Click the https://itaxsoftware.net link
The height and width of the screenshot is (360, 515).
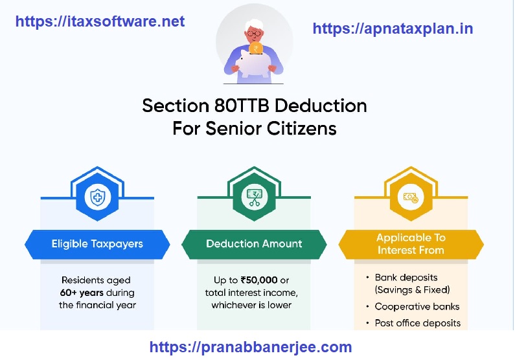(x=100, y=21)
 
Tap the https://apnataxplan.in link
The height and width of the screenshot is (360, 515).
(x=393, y=28)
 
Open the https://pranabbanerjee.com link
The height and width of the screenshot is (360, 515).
(x=251, y=346)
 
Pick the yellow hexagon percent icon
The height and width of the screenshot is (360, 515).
(x=411, y=197)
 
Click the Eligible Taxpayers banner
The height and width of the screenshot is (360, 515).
(x=97, y=244)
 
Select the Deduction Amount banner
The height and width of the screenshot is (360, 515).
(x=254, y=244)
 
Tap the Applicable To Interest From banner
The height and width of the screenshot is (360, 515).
(x=411, y=244)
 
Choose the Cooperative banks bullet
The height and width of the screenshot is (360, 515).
(x=417, y=306)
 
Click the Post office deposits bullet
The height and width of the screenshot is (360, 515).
(x=417, y=322)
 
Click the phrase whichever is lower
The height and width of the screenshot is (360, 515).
(x=251, y=305)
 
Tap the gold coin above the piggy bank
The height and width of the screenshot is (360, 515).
(x=255, y=48)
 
